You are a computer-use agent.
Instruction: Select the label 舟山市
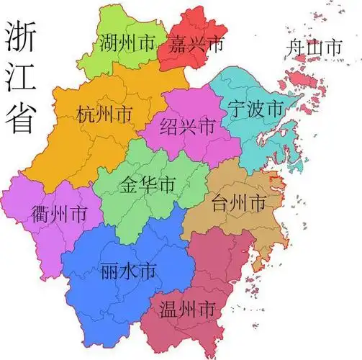click(313, 48)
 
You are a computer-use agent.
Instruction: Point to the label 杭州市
click(104, 114)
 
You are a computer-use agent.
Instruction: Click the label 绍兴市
click(187, 127)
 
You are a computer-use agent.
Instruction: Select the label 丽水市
click(128, 271)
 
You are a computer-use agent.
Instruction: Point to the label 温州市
click(186, 310)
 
